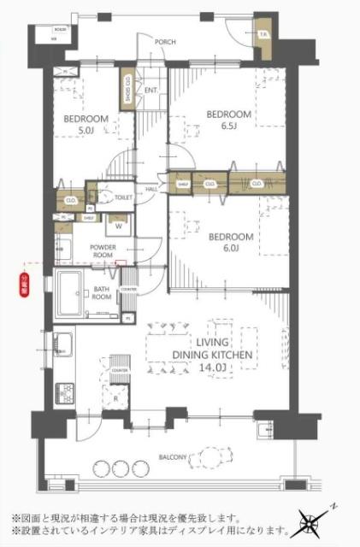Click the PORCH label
(165, 41)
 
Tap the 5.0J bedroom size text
(86, 131)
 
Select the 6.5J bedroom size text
(228, 126)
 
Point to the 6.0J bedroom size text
(231, 249)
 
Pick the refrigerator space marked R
(115, 397)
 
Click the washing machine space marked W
(117, 227)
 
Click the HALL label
(150, 189)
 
